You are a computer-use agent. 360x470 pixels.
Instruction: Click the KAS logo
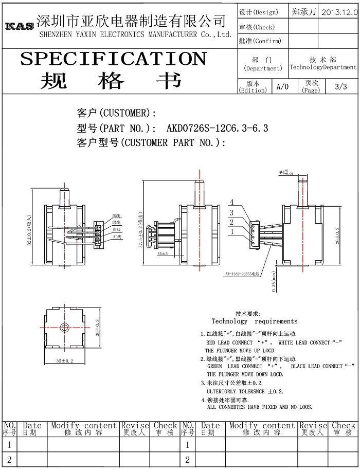pyautogui.click(x=20, y=26)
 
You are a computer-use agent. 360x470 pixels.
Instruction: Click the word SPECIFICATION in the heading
pyautogui.click(x=113, y=59)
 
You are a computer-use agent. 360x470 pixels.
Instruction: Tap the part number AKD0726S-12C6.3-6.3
pyautogui.click(x=217, y=128)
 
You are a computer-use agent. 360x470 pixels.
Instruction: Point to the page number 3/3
pyautogui.click(x=340, y=86)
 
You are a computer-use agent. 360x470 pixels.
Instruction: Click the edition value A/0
pyautogui.click(x=282, y=86)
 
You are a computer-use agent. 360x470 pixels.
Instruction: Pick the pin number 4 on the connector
pyautogui.click(x=232, y=202)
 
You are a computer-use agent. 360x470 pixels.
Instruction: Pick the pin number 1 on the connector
pyautogui.click(x=232, y=231)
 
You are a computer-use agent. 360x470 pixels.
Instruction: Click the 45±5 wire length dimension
pyautogui.click(x=163, y=254)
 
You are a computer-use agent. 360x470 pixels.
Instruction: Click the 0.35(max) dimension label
pyautogui.click(x=274, y=281)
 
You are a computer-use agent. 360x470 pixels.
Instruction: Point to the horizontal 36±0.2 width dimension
pyautogui.click(x=64, y=361)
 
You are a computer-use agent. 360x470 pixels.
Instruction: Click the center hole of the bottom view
pyautogui.click(x=64, y=327)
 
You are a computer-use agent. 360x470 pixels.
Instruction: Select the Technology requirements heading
pyautogui.click(x=254, y=321)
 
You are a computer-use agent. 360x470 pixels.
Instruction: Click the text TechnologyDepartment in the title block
pyautogui.click(x=322, y=67)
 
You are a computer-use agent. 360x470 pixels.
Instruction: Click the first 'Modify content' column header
pyautogui.click(x=84, y=426)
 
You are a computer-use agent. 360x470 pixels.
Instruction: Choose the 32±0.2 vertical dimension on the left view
pyautogui.click(x=30, y=229)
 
